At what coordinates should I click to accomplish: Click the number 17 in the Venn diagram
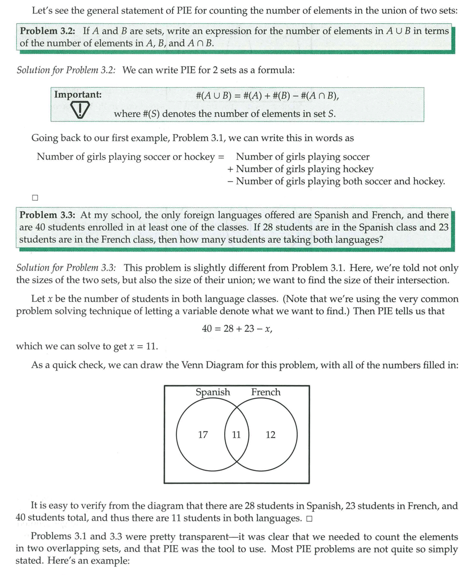[203, 435]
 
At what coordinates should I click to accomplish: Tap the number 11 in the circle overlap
[236, 435]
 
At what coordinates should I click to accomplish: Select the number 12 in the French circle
[270, 435]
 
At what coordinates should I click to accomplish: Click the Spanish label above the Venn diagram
[213, 392]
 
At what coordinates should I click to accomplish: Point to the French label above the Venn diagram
[265, 392]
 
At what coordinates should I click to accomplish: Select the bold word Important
[78, 95]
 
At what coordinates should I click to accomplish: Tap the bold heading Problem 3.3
[47, 215]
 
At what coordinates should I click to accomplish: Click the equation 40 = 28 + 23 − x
[237, 328]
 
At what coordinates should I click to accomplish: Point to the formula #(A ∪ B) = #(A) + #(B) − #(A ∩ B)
[267, 96]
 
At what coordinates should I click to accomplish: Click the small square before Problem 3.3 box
[34, 198]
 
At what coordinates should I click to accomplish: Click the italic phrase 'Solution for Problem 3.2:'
[66, 70]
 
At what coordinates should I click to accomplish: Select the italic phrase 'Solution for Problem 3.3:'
[66, 268]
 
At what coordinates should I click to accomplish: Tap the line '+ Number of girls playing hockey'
[300, 169]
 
